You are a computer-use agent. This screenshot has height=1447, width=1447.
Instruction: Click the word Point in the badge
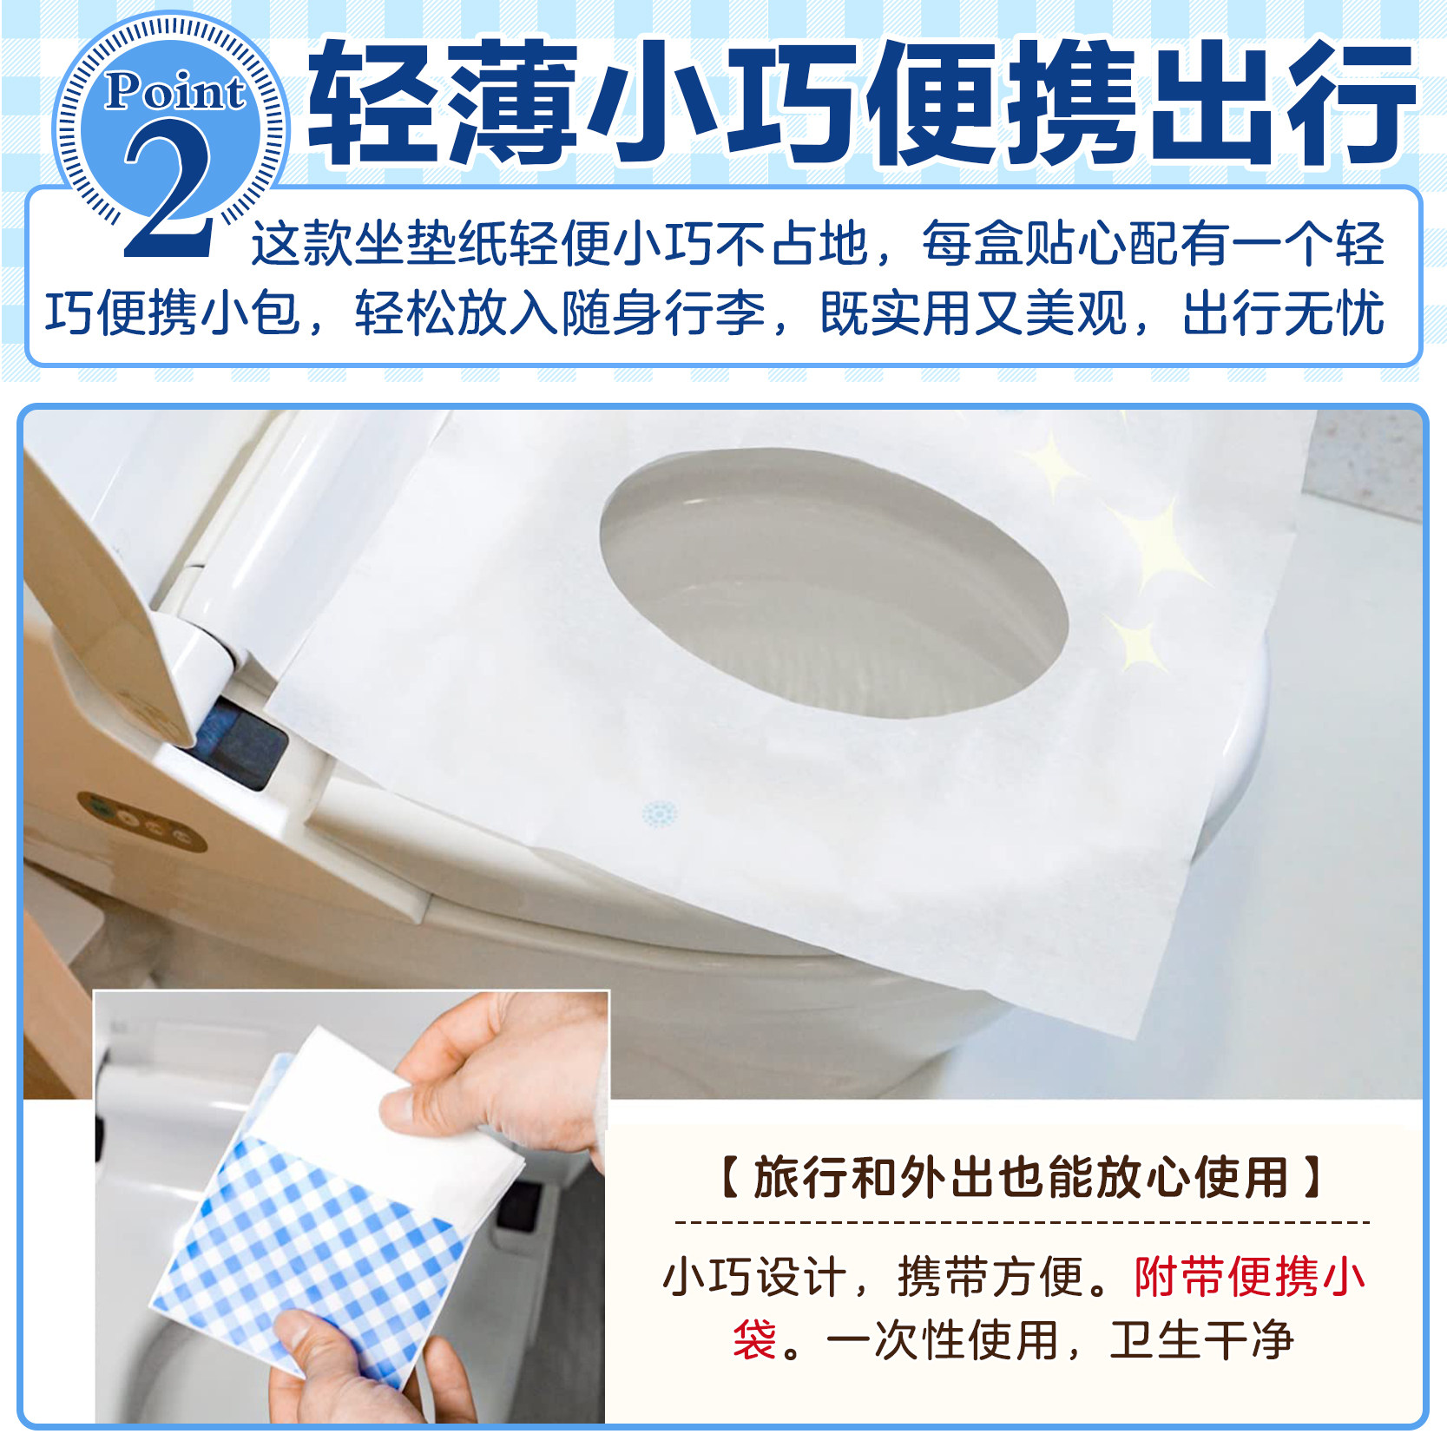click(x=174, y=91)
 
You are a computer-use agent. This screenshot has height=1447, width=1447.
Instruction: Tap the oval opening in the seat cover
click(x=833, y=582)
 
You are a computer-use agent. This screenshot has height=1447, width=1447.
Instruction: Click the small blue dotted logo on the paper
click(x=660, y=813)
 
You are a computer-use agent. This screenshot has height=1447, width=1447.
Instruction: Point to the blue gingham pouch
click(x=312, y=1259)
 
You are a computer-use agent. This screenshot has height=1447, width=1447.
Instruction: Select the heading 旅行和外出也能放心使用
click(x=1021, y=1178)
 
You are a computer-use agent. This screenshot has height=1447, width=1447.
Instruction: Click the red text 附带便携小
click(x=1249, y=1277)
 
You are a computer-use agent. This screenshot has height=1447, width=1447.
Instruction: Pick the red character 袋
click(x=754, y=1339)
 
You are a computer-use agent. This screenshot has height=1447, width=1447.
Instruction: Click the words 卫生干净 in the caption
click(x=1201, y=1339)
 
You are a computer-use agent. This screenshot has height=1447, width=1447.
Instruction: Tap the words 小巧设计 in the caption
click(x=754, y=1277)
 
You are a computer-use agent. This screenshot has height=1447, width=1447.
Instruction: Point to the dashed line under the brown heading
click(x=1021, y=1222)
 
